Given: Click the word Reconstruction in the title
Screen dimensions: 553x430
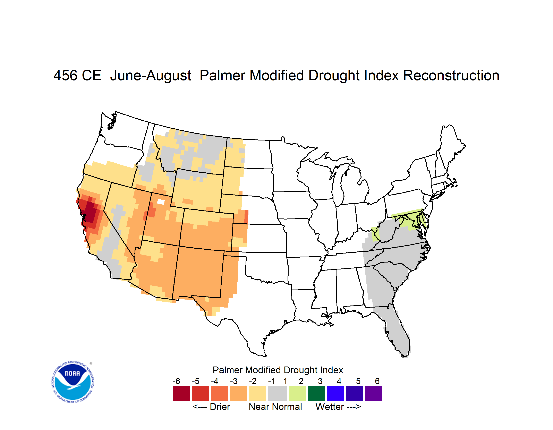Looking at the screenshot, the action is pos(451,75).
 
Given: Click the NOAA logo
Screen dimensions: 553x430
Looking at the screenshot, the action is pos(73,382).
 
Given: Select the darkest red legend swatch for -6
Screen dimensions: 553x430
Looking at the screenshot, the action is pos(181,393).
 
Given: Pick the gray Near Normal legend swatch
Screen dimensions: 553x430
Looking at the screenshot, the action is pos(278,393).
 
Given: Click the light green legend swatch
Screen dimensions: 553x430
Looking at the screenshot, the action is pos(298,393).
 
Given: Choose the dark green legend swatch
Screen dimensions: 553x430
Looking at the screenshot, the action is pos(316,393).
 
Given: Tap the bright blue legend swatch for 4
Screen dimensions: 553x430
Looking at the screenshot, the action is pos(336,393).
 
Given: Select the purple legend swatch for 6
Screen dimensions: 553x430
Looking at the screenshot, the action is pos(374,393).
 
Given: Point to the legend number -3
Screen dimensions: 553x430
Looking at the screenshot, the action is pos(233,381).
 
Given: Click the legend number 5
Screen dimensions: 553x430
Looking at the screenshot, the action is pos(358,381).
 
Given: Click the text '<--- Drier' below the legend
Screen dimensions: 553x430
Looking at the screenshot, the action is pos(211,407).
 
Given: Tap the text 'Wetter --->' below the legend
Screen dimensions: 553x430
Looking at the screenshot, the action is pos(338,407).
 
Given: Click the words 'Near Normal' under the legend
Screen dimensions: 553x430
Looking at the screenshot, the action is pos(275,407).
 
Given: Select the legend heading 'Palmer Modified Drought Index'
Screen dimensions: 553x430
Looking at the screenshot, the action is pos(278,370).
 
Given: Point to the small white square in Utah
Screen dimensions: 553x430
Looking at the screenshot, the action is pos(161,202).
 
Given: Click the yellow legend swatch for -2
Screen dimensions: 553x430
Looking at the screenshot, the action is pos(257,393).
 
